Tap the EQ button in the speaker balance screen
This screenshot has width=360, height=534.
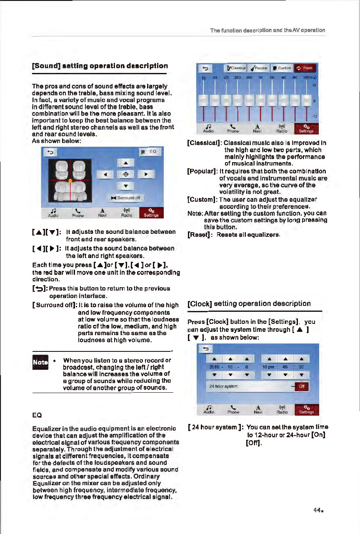[149, 153]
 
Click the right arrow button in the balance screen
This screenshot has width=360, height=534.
[146, 174]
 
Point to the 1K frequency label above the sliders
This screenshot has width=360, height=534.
[260, 78]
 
